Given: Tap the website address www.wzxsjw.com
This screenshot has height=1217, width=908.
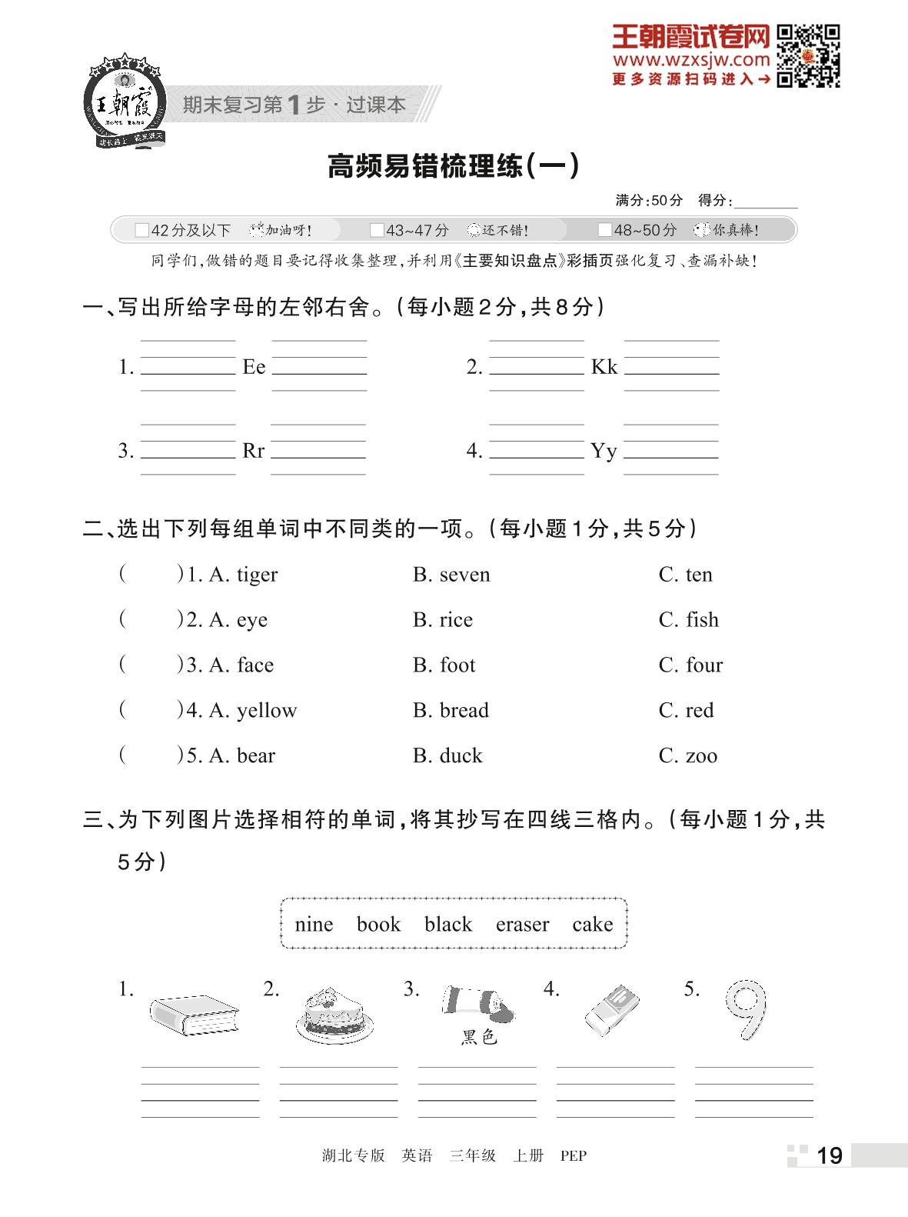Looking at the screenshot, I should point(690,60).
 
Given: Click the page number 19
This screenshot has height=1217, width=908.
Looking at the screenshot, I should point(829,1155).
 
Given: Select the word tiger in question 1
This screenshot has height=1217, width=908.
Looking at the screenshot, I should point(257,575).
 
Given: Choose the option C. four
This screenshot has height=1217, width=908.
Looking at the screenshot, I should point(690,665).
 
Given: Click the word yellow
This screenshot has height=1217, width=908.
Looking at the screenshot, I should point(267,710).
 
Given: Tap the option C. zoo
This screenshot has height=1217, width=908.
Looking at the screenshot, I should point(687,755).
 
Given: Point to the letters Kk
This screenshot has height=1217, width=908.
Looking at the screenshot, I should point(604,367).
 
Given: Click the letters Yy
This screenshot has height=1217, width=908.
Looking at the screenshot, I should point(604,451).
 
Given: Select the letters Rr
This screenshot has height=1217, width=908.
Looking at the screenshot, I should point(253,451).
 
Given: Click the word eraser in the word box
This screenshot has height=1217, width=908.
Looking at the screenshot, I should point(522,924).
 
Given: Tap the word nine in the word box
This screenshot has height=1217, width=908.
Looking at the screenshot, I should point(314,924).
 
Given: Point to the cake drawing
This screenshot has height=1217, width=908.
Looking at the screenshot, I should point(334,1014).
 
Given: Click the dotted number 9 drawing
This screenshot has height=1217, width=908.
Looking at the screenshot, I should point(745,1009).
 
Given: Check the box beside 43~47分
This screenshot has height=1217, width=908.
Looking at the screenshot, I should point(377,230).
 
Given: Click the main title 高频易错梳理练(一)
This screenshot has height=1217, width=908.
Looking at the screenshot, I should point(453,166).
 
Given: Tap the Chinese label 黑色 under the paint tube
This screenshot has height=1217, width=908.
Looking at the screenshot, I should point(479,1038).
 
